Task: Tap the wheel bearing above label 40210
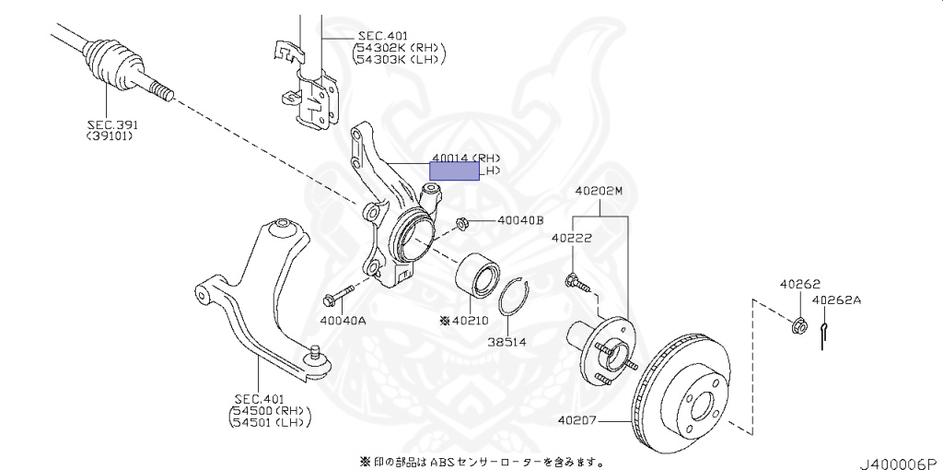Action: [478, 274]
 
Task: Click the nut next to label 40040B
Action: [464, 222]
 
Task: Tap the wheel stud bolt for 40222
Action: [575, 280]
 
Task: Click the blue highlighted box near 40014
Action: [455, 170]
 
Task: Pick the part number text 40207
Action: [578, 422]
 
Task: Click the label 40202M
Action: [600, 191]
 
